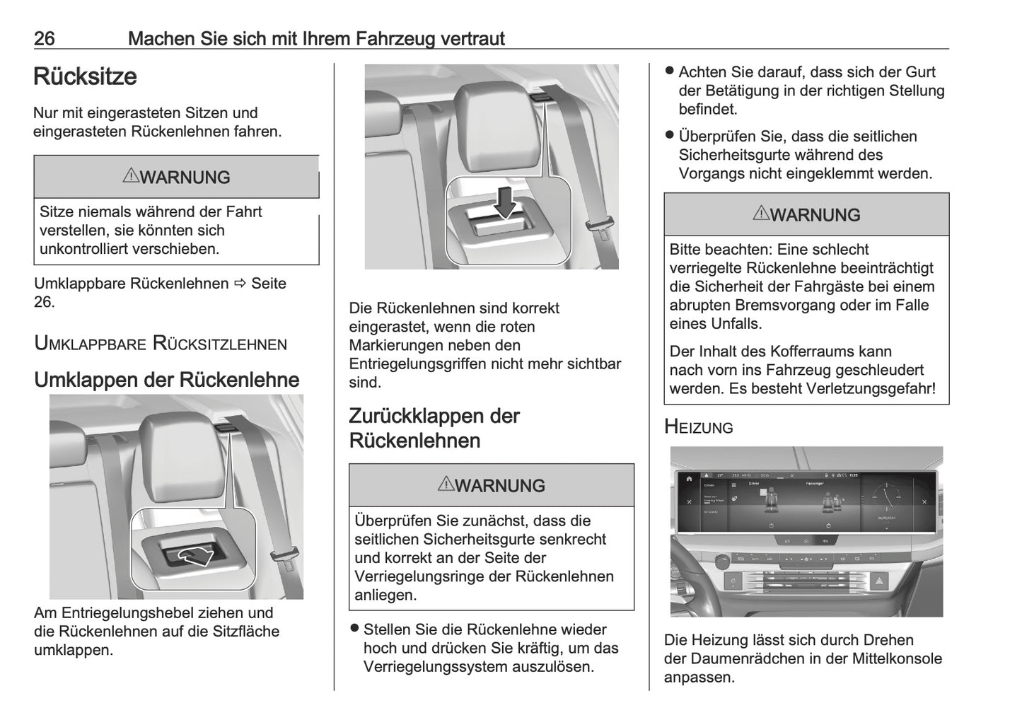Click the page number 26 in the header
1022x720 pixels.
[45, 38]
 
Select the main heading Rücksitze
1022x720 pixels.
[85, 76]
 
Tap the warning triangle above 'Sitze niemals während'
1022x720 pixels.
[130, 176]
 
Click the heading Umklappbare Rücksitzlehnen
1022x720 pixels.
[161, 344]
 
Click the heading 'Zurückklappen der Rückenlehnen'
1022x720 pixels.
[434, 428]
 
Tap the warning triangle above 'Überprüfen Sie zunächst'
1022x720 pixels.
[446, 484]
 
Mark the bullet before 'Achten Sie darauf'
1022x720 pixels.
[670, 71]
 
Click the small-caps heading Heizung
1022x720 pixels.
[699, 426]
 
